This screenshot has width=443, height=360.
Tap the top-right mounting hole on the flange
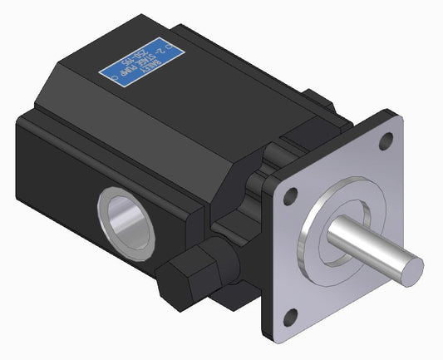(x=384, y=142)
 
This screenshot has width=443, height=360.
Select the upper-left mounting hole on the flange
(x=289, y=198)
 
